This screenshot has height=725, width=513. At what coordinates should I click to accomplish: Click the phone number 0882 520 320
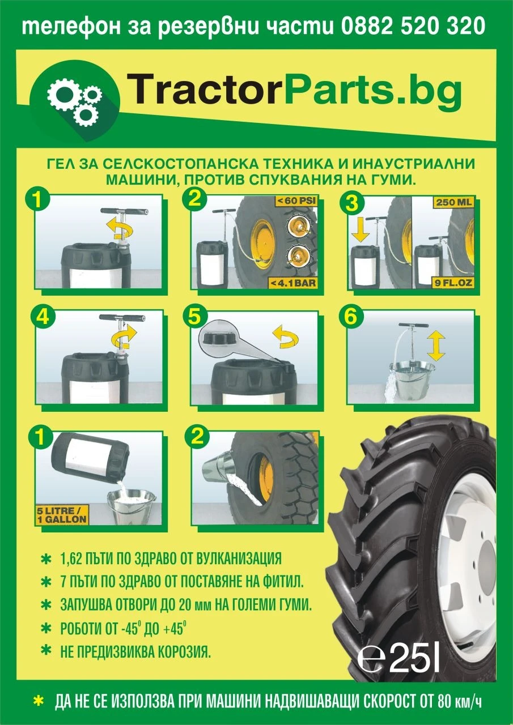pos(413,26)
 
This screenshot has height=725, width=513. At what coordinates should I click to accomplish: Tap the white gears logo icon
pos(74,101)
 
